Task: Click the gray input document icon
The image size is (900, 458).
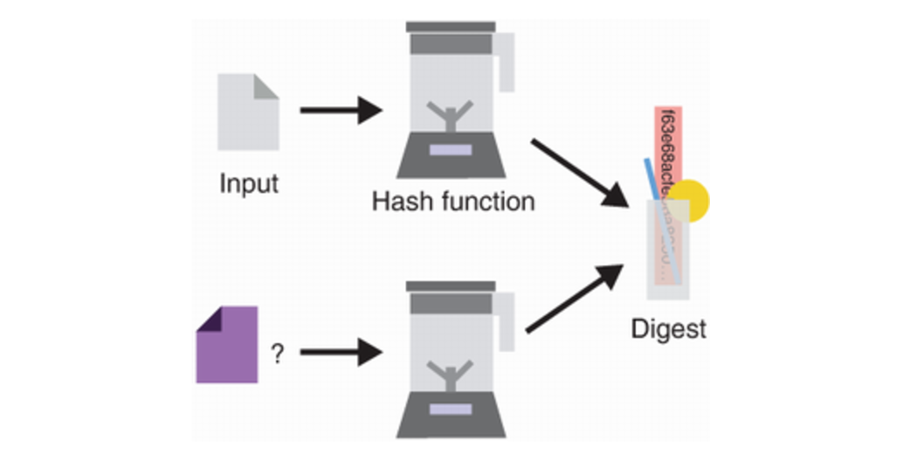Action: click(247, 111)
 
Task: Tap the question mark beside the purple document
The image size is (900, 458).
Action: click(277, 354)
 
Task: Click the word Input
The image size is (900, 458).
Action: click(248, 184)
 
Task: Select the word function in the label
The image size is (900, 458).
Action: click(484, 202)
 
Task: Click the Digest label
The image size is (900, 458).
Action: click(668, 329)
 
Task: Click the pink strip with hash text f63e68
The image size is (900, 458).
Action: click(668, 141)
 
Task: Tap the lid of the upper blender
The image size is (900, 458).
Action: click(450, 27)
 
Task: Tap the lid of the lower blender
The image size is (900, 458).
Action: click(450, 286)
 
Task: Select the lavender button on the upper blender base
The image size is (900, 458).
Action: click(450, 150)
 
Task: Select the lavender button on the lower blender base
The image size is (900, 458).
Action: click(450, 409)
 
